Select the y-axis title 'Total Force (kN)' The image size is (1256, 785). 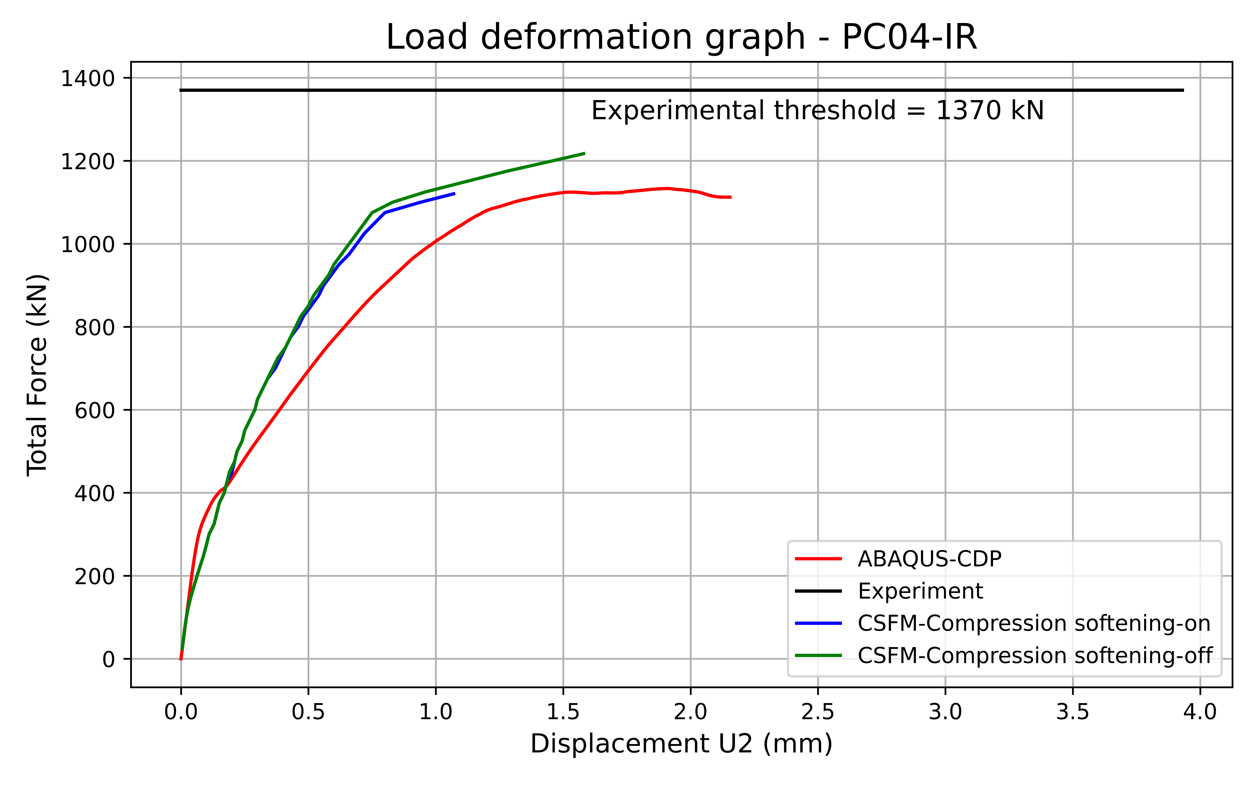point(37,375)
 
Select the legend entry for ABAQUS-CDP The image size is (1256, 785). point(929,559)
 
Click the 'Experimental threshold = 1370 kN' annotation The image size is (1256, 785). point(817,111)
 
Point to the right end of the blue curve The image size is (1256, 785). point(455,194)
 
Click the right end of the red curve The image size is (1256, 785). point(731,197)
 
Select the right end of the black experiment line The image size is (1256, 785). point(1183,90)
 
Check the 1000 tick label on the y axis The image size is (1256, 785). point(87,244)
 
